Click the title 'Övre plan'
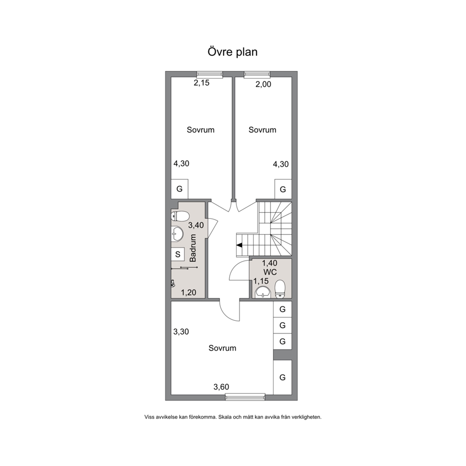(233, 52)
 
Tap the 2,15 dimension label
(202, 83)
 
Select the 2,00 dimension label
(264, 85)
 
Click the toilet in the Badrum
(180, 216)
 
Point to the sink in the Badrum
(177, 233)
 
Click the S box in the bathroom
(178, 254)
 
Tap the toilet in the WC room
(280, 289)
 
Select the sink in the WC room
(263, 292)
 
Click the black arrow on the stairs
(239, 245)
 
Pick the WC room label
(270, 272)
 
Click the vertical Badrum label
(193, 248)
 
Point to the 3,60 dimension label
(221, 387)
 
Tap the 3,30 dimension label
(181, 332)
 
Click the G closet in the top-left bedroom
(179, 189)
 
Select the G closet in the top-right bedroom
(283, 189)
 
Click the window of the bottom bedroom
(245, 396)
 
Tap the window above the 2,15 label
(210, 75)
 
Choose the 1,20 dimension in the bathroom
(188, 293)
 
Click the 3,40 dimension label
(196, 225)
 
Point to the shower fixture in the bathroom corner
(173, 284)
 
